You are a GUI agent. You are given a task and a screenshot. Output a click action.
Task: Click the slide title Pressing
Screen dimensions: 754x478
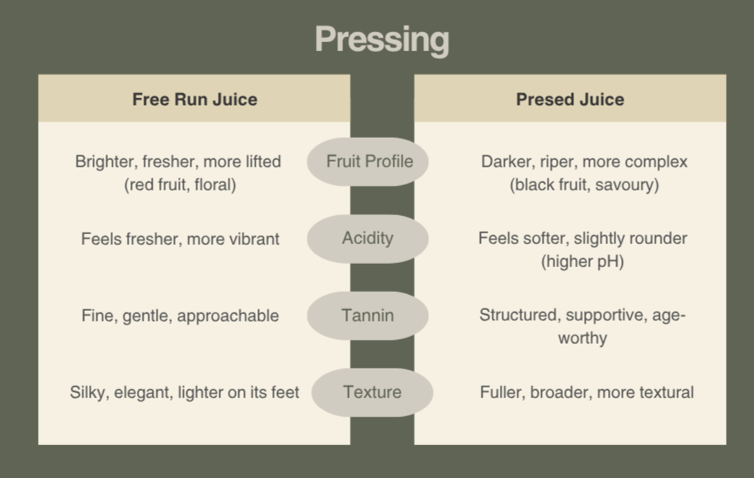click(381, 40)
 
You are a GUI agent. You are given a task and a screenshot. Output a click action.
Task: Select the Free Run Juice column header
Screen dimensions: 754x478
click(195, 100)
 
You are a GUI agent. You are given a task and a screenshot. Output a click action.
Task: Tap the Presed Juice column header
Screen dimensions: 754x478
click(570, 100)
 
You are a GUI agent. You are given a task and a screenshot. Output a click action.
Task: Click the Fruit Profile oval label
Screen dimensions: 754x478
click(369, 161)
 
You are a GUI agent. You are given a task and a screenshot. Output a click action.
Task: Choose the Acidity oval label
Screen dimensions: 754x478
click(368, 238)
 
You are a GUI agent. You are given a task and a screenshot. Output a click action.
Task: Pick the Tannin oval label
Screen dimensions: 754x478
click(368, 315)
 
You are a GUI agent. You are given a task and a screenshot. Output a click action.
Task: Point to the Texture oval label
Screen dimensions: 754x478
click(372, 391)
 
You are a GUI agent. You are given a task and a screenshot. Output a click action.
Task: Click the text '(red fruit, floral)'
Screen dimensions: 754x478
click(180, 185)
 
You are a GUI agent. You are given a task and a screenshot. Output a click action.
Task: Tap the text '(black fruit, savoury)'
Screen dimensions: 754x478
click(584, 185)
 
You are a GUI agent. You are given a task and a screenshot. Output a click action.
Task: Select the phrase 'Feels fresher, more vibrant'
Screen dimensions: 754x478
click(180, 239)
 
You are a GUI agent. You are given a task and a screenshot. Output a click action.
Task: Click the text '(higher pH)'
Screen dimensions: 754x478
click(582, 262)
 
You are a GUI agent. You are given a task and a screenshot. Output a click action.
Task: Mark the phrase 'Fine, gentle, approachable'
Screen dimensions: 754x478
click(180, 316)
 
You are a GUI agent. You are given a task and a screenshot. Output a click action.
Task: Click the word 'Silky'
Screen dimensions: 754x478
click(88, 392)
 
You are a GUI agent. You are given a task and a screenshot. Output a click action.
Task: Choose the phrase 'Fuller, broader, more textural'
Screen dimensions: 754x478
click(587, 392)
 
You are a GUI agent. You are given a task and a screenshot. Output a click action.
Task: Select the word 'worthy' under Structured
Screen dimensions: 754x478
click(582, 338)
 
